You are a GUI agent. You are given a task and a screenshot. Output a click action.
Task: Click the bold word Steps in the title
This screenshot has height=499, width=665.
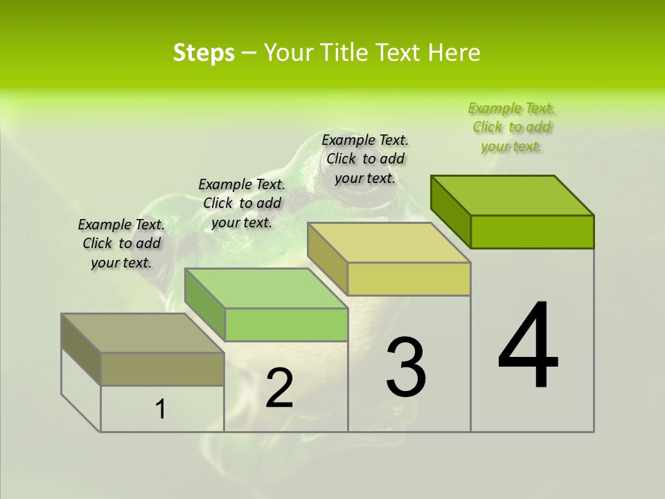coord(204,53)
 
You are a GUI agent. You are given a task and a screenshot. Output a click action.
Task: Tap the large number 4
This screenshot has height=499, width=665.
coord(528,346)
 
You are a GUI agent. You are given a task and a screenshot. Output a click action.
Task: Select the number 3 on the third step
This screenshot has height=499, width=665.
coord(406,367)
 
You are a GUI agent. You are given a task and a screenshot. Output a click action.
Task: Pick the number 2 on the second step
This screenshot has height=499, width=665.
coord(280,389)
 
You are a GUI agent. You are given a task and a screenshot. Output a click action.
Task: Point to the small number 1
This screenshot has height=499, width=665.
coord(161,410)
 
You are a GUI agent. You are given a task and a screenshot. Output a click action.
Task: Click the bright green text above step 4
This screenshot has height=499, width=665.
coord(511,128)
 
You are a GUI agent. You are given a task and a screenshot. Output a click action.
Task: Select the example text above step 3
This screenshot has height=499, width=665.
coord(365,159)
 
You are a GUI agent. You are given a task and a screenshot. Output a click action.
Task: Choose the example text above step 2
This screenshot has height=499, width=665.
coord(241,203)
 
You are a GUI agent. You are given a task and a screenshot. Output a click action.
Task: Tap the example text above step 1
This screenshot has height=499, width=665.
coord(121,243)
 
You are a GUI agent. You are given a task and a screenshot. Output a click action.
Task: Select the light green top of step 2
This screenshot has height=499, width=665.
coord(266,288)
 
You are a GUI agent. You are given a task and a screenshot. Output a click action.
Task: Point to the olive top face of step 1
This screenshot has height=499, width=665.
coord(143,333)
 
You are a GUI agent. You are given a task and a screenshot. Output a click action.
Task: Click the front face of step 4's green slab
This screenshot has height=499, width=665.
coord(532,231)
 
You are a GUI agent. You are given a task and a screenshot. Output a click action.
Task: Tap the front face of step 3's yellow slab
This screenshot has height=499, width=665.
coord(409,279)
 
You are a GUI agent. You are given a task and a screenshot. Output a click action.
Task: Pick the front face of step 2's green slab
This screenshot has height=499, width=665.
coord(286,324)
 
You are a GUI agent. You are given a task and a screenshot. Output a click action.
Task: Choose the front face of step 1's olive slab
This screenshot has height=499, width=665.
coord(162,369)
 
